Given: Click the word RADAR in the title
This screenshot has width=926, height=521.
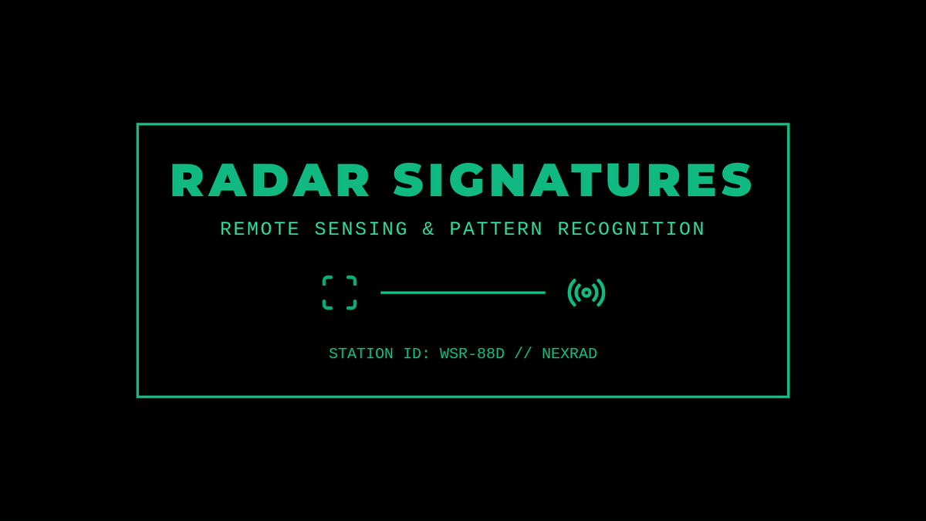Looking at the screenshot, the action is [x=269, y=180].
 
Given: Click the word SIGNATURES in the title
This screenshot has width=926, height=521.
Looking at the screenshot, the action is [x=573, y=180].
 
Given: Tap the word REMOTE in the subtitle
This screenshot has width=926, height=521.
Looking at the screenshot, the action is [x=259, y=229].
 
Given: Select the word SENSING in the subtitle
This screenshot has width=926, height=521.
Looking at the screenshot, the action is [x=361, y=229].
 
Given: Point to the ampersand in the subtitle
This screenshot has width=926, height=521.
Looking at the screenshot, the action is [x=428, y=229].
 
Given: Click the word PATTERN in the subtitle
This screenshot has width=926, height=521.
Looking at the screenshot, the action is [x=496, y=229].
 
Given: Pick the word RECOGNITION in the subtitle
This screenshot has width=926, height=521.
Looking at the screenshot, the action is [x=631, y=229].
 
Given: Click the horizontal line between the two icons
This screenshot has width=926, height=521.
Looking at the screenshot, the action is [x=463, y=293].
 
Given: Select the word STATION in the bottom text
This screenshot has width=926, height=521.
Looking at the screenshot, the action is [x=361, y=354].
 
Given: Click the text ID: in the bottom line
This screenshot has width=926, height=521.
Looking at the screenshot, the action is [x=417, y=354].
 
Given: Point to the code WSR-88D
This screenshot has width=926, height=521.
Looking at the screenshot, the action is [x=472, y=354].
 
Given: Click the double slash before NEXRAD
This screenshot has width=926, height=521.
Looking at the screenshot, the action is [x=523, y=354].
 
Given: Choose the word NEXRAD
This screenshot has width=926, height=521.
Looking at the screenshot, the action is [x=569, y=354].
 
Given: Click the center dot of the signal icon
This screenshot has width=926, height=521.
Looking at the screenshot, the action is [x=586, y=293].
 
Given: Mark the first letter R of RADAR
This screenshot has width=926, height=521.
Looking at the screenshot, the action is [x=188, y=180].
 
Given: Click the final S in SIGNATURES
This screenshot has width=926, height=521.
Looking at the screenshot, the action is [x=737, y=180].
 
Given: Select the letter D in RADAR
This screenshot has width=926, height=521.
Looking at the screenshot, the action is [x=269, y=180].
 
